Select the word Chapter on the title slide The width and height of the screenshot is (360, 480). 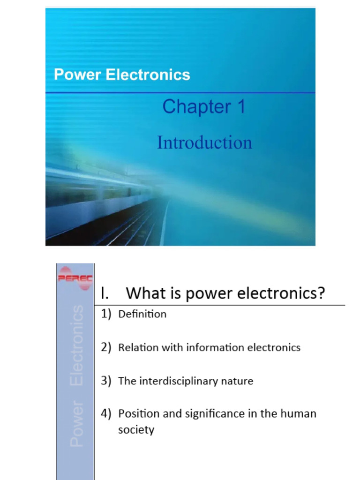pos(190,107)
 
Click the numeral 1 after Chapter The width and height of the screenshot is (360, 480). pos(240,107)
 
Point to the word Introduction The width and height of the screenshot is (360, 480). pos(204,142)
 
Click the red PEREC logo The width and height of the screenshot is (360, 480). pos(75,278)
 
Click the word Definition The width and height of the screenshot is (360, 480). pos(142,314)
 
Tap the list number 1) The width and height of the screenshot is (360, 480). pos(106,314)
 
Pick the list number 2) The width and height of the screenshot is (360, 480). pos(106,348)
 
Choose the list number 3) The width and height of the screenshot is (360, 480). pos(106,381)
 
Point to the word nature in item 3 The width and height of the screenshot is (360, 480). pos(239,381)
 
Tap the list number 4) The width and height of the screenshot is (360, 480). pos(106,414)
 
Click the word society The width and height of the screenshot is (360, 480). pos(136,430)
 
